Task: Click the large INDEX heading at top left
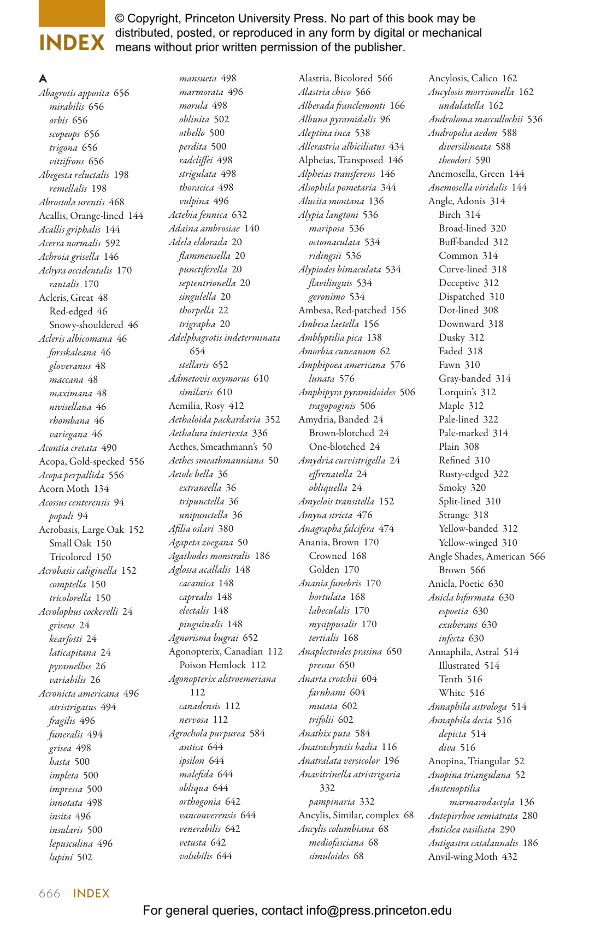tap(72, 43)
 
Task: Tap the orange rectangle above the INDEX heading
tap(72, 13)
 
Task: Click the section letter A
tap(43, 79)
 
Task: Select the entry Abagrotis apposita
tap(74, 93)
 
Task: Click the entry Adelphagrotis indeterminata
tap(224, 337)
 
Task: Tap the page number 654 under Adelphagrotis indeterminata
tap(197, 351)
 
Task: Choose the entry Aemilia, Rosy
tap(198, 406)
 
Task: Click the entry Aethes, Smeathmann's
tap(213, 447)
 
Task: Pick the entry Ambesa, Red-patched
tap(342, 310)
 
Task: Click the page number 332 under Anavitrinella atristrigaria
tap(327, 788)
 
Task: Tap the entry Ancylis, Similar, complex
tap(349, 815)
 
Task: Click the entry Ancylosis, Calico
tap(463, 78)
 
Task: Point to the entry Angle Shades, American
tap(476, 556)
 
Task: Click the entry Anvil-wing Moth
tap(463, 856)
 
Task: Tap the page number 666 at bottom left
tap(49, 894)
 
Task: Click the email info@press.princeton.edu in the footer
tap(379, 911)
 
